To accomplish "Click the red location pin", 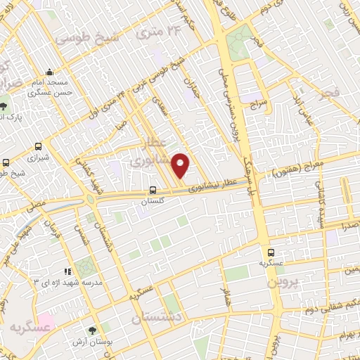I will coord(181,165).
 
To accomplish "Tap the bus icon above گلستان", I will coord(153,190).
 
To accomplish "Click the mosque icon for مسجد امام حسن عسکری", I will coord(50,72).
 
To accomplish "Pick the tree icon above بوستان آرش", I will coord(94,330).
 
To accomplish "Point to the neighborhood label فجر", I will coord(328,94).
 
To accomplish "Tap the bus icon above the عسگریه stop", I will coord(269,252).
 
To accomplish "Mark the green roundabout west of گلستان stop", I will coord(91,199).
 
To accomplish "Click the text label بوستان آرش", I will coord(89,342).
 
